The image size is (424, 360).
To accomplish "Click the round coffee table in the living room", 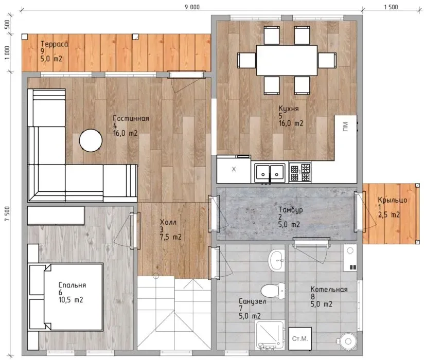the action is [x=91, y=140].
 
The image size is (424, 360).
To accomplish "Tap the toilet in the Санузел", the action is [x=273, y=291].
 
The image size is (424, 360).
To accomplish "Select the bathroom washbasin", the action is [x=277, y=260].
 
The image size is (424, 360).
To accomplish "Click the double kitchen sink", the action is [x=270, y=173].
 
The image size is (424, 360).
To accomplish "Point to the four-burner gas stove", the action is [x=300, y=172].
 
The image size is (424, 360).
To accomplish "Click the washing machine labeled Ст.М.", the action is [x=300, y=338].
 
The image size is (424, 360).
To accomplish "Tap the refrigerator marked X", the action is [x=234, y=169].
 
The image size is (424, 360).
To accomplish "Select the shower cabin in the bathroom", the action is [x=270, y=335].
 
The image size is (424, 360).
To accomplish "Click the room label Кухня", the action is [x=289, y=109].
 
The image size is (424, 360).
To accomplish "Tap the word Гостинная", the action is [x=131, y=118].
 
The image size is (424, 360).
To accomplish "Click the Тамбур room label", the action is [x=290, y=210].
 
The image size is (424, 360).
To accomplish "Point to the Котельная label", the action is [x=329, y=290].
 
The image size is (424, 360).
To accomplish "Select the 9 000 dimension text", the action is [x=192, y=7].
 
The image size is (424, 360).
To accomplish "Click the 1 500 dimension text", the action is [x=391, y=7].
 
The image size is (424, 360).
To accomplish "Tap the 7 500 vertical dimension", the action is [x=7, y=213].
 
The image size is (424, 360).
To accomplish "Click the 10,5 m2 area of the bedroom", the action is [x=71, y=300].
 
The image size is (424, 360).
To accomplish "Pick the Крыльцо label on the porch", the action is [x=393, y=200].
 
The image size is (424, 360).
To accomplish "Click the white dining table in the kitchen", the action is [x=287, y=60].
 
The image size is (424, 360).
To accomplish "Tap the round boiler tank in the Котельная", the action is [x=348, y=341].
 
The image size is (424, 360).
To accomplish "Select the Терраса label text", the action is [x=55, y=44].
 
